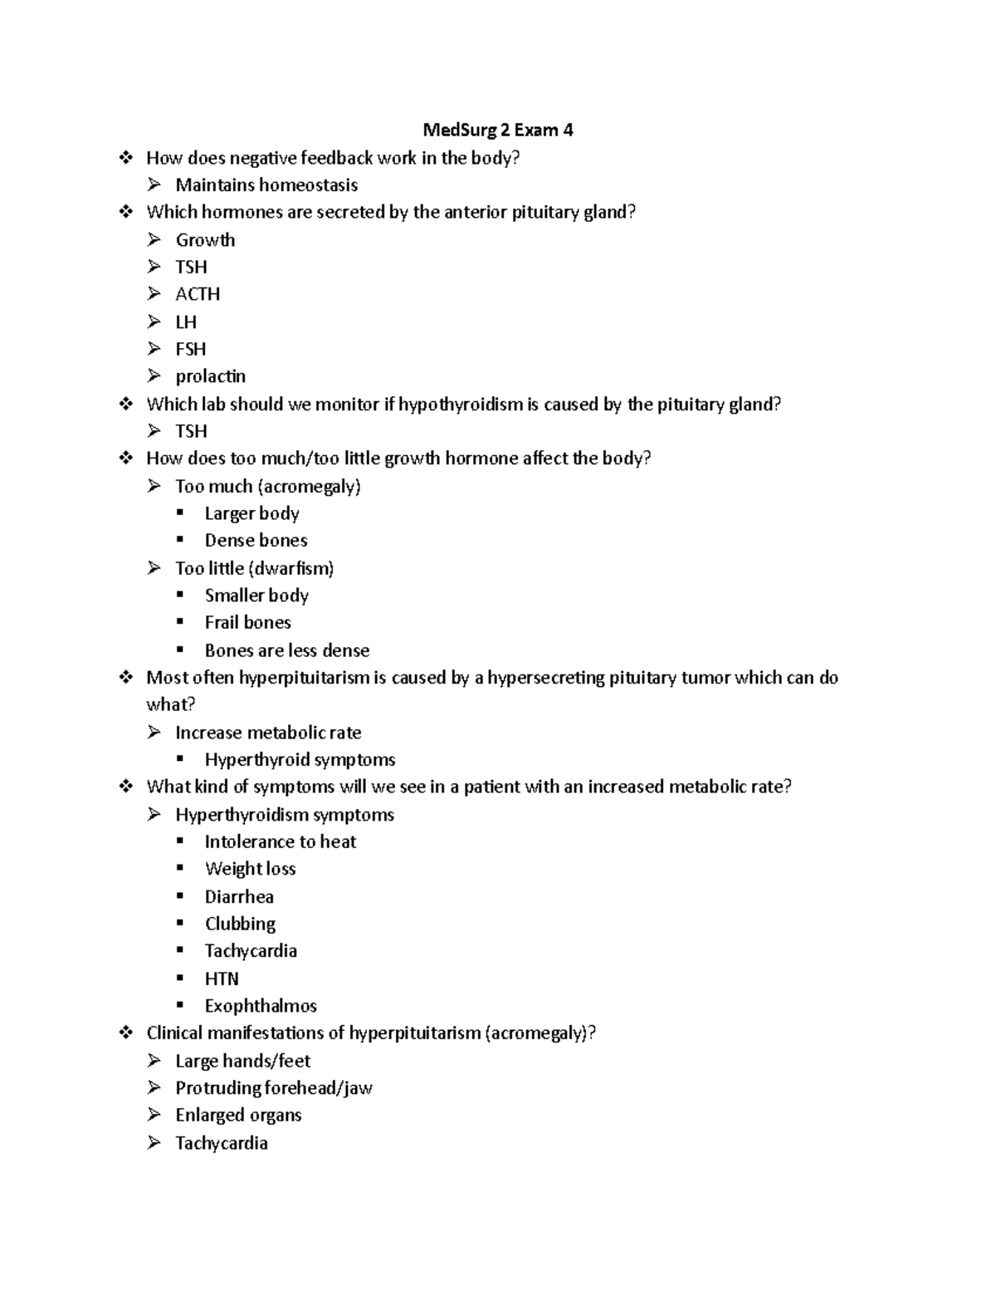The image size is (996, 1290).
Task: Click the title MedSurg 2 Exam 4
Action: pos(497,130)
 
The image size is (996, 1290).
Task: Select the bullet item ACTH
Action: pos(198,294)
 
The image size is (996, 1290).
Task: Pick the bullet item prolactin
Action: pos(210,376)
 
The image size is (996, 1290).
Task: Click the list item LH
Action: pos(186,321)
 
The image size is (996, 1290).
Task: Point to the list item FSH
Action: pos(190,349)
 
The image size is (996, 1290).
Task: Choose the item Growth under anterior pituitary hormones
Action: pos(205,240)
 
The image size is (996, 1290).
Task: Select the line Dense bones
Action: pos(256,541)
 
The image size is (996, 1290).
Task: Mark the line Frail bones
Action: pos(247,622)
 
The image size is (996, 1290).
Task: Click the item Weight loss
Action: pos(250,869)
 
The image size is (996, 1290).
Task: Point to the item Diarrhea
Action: pos(239,896)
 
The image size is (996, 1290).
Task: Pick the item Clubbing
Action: pos(240,924)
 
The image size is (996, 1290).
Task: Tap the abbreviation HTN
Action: pos(222,979)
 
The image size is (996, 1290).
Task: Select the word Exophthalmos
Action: pos(261,1006)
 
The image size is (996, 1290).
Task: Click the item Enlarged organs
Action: pos(238,1115)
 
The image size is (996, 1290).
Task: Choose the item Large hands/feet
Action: pos(242,1061)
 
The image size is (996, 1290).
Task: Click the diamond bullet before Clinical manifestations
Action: pos(126,1032)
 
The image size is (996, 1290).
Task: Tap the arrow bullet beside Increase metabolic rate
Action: pos(154,732)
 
